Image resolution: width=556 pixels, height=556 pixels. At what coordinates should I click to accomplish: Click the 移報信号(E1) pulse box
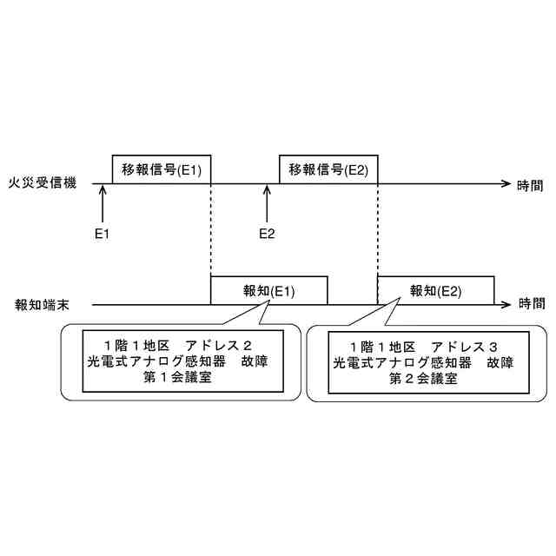[x=162, y=169]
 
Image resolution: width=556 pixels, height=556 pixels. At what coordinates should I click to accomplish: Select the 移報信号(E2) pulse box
[x=328, y=169]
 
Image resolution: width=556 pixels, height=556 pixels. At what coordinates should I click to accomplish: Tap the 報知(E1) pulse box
[x=269, y=290]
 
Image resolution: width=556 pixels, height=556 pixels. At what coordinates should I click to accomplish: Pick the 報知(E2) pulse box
[x=436, y=290]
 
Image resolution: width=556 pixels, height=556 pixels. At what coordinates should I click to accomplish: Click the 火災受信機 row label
[x=43, y=183]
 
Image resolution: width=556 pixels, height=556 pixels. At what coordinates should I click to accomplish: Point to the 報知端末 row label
[x=43, y=304]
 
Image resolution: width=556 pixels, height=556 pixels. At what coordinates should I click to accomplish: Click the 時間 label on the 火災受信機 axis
[x=531, y=184]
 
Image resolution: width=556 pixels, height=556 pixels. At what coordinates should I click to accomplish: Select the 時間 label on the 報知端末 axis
[x=532, y=304]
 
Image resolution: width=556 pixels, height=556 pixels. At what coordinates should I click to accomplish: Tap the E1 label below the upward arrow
[x=103, y=234]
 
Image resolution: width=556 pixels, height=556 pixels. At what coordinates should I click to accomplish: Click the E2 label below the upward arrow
[x=268, y=234]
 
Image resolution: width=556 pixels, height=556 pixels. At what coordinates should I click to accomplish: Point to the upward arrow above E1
[x=103, y=203]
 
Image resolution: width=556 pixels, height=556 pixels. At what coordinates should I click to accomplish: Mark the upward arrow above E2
[x=268, y=203]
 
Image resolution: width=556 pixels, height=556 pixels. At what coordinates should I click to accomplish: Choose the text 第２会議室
[x=423, y=378]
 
